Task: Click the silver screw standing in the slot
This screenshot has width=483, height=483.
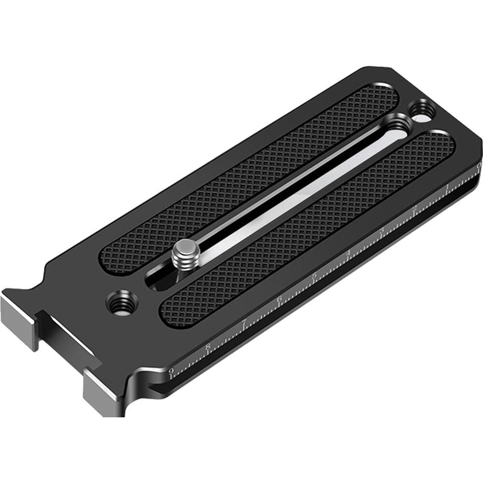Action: click(x=185, y=253)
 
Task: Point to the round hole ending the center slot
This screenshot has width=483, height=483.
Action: click(x=396, y=125)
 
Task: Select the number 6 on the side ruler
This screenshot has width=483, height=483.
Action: click(x=279, y=300)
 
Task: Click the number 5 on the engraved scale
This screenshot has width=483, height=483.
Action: click(x=314, y=277)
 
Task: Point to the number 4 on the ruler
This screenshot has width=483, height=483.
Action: click(x=348, y=254)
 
